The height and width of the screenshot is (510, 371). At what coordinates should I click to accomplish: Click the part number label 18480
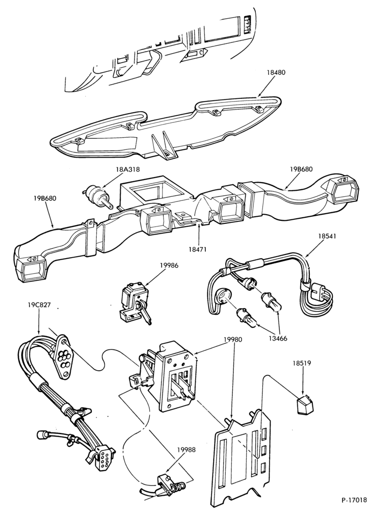pos(276,72)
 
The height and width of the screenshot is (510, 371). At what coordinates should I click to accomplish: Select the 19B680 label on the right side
pos(301,169)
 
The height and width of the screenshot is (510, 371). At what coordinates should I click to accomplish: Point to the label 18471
pos(197,249)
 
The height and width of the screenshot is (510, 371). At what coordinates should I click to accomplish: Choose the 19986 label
pos(169,265)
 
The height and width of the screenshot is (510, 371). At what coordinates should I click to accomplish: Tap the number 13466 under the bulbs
pos(278,339)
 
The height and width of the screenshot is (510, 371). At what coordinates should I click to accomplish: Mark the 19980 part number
pos(232,340)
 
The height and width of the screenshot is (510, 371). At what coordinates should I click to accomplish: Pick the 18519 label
pos(302,363)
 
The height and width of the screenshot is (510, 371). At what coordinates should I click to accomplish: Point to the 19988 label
pos(187,450)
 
